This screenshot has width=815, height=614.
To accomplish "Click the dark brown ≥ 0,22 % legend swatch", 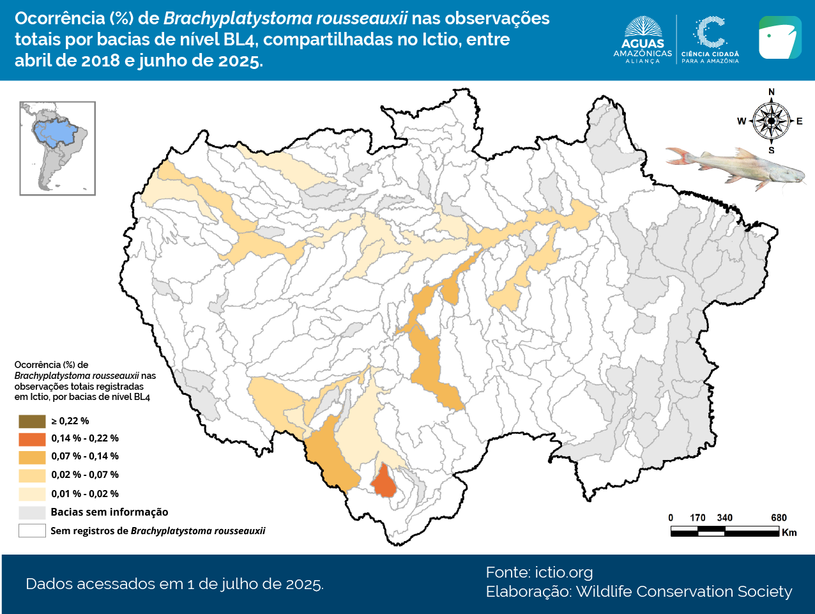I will [32, 421].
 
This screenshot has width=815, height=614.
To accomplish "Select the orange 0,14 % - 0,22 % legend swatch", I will [32, 439].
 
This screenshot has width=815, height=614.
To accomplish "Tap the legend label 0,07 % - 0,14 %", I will [85, 456].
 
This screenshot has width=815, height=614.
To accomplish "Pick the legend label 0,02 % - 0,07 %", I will [85, 475].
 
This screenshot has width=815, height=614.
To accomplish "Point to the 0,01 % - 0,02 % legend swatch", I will [32, 494].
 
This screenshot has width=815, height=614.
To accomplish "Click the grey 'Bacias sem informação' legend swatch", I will [32, 512].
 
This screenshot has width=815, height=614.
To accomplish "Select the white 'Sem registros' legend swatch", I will [32, 531].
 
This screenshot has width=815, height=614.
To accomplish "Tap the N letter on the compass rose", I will [772, 92].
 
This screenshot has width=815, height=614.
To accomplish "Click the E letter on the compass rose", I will [799, 121].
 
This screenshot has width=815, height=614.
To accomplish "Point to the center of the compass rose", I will [772, 121].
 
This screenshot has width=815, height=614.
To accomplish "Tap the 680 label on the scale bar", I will [779, 518].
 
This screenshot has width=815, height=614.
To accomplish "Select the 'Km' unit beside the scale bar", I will [789, 533].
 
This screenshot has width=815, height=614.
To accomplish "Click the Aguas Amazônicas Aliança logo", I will [643, 40].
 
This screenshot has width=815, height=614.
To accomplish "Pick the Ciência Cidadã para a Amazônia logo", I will [710, 40].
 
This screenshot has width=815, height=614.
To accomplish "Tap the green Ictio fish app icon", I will [780, 38].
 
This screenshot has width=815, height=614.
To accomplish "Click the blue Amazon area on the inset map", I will [54, 132].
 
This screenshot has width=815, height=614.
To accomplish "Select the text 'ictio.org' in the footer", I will [563, 572].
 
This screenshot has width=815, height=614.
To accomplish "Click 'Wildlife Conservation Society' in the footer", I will [683, 592].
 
